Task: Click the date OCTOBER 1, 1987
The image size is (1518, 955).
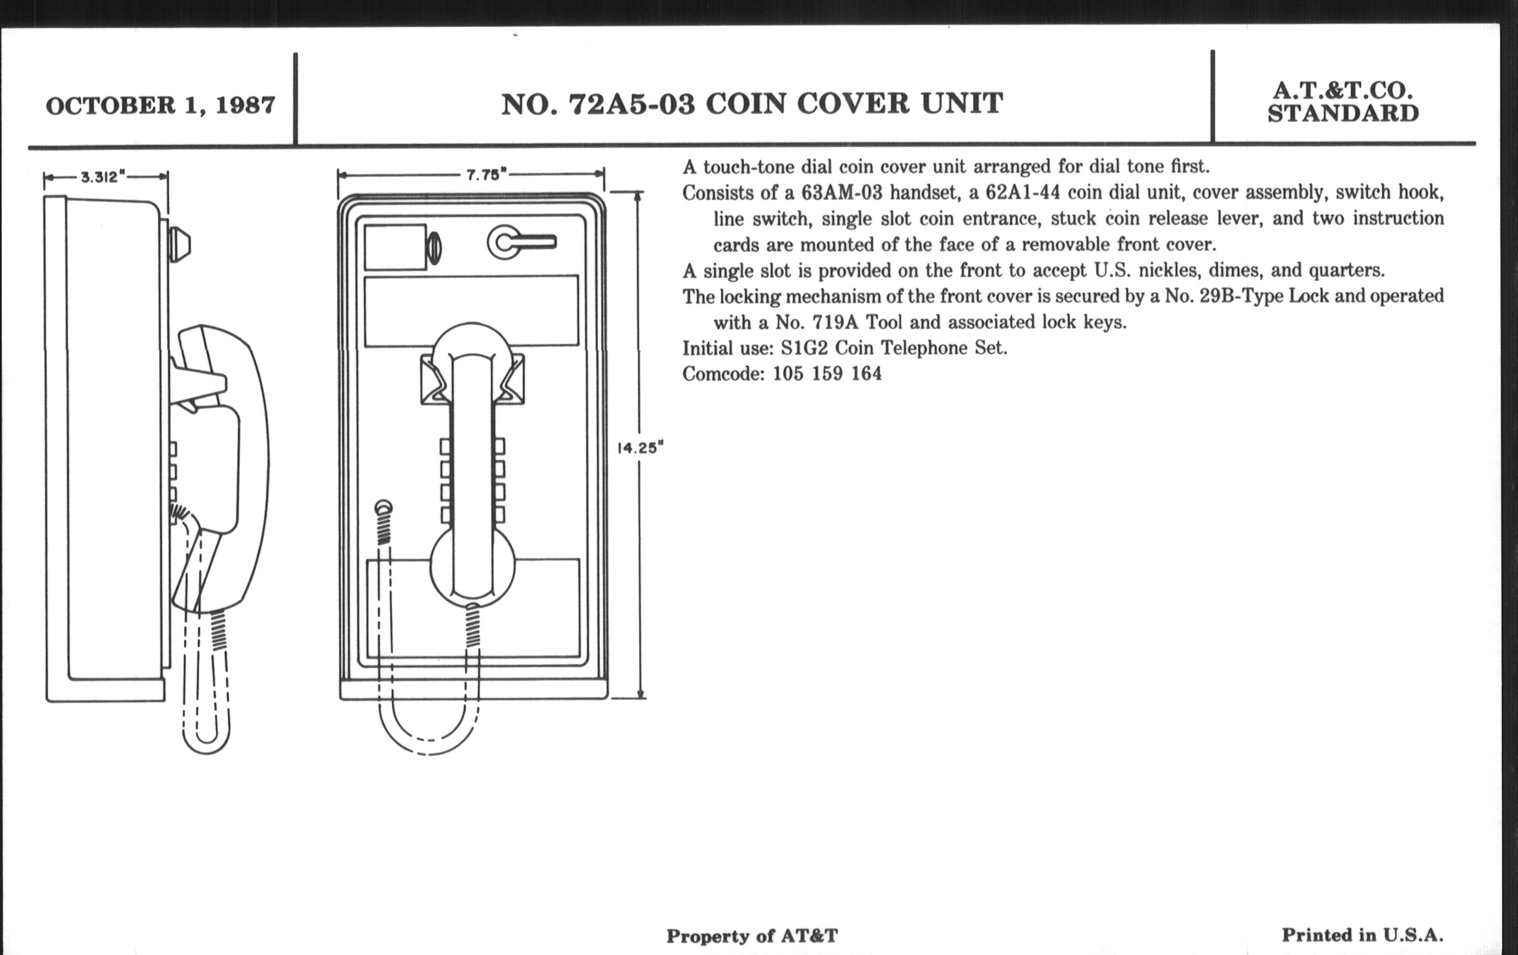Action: click(x=160, y=105)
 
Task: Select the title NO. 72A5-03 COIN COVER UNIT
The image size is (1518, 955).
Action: click(x=752, y=104)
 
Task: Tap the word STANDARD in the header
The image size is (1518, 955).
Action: click(x=1343, y=114)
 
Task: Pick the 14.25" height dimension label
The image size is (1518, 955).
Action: click(x=640, y=448)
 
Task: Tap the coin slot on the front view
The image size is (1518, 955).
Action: click(x=434, y=248)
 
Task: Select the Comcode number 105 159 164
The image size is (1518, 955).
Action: click(x=827, y=374)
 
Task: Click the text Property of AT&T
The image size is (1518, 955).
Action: click(x=752, y=936)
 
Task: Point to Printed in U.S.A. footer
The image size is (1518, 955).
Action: click(x=1363, y=935)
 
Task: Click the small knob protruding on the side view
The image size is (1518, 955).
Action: click(x=180, y=244)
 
